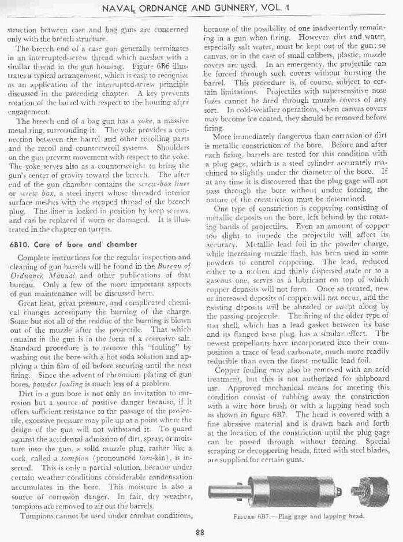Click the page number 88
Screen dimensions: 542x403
coord(200,532)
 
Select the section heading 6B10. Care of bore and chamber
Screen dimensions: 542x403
coord(73,244)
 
